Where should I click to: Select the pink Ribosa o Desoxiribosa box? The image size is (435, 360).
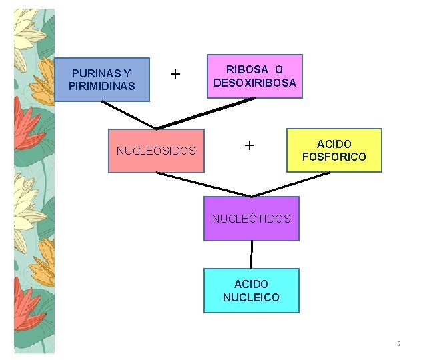tap(254, 76)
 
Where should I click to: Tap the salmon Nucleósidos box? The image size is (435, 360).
tap(156, 151)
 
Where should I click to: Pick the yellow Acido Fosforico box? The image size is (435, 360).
tap(334, 150)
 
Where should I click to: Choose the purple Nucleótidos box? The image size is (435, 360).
tap(251, 218)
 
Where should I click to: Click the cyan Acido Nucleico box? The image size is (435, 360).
tap(251, 291)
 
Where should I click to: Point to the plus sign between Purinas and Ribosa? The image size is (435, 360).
tap(175, 73)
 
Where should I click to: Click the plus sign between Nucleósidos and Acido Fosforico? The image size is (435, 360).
tap(249, 145)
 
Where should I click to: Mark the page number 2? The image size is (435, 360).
tap(398, 344)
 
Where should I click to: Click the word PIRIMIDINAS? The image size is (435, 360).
tap(101, 86)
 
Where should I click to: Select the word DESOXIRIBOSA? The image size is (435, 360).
tap(254, 83)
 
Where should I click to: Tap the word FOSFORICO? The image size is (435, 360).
tap(334, 157)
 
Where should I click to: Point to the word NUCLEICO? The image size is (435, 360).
tap(251, 297)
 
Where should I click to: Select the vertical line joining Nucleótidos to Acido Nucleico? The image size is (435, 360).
tap(252, 255)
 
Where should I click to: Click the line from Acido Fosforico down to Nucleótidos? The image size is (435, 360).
tap(291, 185)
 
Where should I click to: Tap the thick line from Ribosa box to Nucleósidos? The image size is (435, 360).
tap(205, 114)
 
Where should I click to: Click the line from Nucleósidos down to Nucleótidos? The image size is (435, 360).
tap(203, 185)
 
